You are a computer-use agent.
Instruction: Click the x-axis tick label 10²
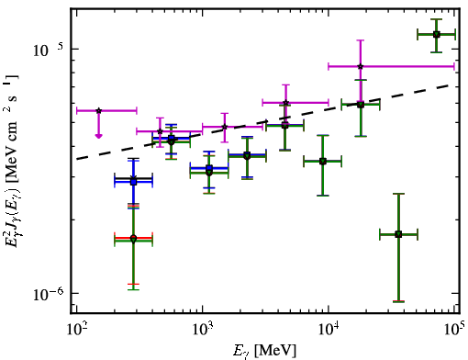pyautogui.click(x=77, y=331)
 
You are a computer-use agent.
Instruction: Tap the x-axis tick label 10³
pyautogui.click(x=203, y=331)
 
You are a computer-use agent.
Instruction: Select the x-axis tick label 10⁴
pyautogui.click(x=329, y=331)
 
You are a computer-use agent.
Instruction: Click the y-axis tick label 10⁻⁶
pyautogui.click(x=48, y=295)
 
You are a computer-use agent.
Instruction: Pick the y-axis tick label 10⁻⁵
pyautogui.click(x=48, y=51)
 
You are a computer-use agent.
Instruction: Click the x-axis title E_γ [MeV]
pyautogui.click(x=264, y=351)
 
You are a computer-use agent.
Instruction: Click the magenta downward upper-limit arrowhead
pyautogui.click(x=98, y=136)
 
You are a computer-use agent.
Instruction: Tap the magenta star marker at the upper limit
pyautogui.click(x=98, y=110)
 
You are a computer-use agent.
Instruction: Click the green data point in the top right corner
pyautogui.click(x=437, y=35)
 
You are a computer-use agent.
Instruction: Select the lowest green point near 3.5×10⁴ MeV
pyautogui.click(x=398, y=234)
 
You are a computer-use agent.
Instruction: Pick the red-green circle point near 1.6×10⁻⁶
pyautogui.click(x=133, y=239)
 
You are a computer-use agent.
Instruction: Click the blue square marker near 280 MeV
pyautogui.click(x=133, y=182)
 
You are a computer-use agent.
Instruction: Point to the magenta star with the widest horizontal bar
pyautogui.click(x=361, y=66)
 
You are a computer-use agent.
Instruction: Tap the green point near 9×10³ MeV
pyautogui.click(x=323, y=162)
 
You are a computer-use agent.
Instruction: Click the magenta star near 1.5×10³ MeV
pyautogui.click(x=225, y=127)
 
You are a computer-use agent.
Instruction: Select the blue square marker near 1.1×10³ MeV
pyautogui.click(x=209, y=168)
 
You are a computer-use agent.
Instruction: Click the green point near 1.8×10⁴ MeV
pyautogui.click(x=361, y=105)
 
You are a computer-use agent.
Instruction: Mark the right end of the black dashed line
pyautogui.click(x=456, y=84)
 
